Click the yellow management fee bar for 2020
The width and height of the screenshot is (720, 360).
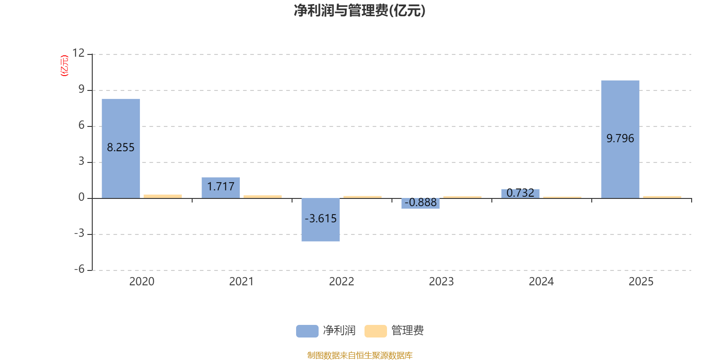click(x=162, y=196)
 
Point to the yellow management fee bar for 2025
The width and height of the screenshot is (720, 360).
click(x=662, y=197)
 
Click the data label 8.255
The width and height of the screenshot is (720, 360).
click(x=121, y=148)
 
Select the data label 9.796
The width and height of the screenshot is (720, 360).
click(x=620, y=139)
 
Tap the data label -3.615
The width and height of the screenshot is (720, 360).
click(x=320, y=219)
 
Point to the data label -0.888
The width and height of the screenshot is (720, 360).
click(x=420, y=202)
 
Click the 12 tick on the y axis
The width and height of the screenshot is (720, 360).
click(x=78, y=53)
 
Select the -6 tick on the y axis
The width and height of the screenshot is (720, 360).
click(x=79, y=269)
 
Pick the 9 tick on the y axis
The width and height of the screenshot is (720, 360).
click(x=81, y=89)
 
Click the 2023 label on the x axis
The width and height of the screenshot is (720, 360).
click(x=441, y=282)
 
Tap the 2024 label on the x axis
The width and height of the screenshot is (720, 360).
click(x=541, y=282)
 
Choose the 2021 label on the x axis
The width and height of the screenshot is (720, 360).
click(x=241, y=282)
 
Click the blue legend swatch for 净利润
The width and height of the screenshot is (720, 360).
click(x=307, y=331)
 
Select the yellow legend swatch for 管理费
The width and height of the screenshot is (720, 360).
click(x=375, y=331)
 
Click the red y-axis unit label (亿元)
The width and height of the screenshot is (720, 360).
click(x=64, y=66)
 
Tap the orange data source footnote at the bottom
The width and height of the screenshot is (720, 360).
click(x=360, y=355)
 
